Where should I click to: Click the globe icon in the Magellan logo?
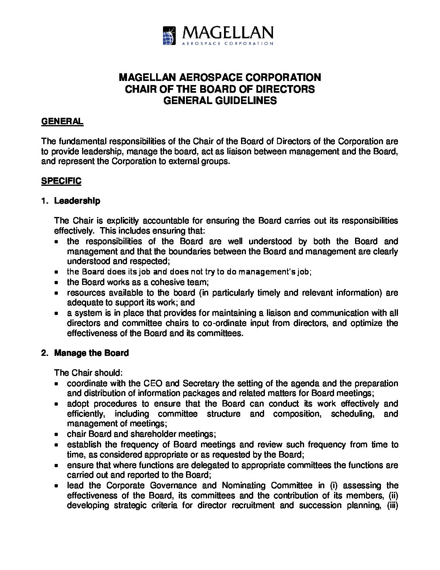[x=169, y=35]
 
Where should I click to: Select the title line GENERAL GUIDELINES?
[x=220, y=101]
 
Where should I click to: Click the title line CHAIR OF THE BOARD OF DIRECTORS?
[x=220, y=89]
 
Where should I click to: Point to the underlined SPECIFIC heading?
[x=61, y=181]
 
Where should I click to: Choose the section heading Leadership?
[x=77, y=201]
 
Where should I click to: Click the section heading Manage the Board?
[x=91, y=353]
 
